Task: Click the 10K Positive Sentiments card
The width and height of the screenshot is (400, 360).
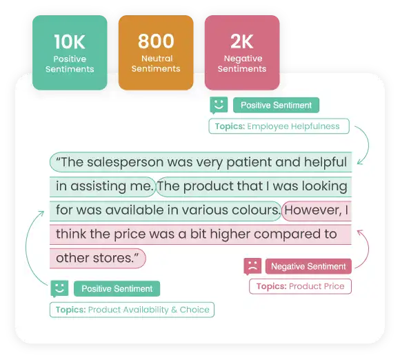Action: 70,52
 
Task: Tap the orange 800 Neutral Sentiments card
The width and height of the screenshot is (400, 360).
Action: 156,52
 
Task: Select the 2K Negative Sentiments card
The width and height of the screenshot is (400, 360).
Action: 242,52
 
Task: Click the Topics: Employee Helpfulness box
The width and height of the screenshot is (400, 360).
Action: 279,126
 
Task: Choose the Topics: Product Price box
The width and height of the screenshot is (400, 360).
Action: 300,286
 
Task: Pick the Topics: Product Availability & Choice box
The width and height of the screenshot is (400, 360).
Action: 132,310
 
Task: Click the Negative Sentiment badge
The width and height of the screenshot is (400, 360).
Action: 308,266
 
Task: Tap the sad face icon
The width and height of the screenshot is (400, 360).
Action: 252,266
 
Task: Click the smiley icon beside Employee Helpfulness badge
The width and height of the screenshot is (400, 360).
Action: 219,105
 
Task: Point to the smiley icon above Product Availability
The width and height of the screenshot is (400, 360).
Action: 59,289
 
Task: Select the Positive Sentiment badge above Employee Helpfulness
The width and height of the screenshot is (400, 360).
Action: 276,105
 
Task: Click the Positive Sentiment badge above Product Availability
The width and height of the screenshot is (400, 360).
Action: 117,288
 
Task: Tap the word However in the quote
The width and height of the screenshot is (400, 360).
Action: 313,210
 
